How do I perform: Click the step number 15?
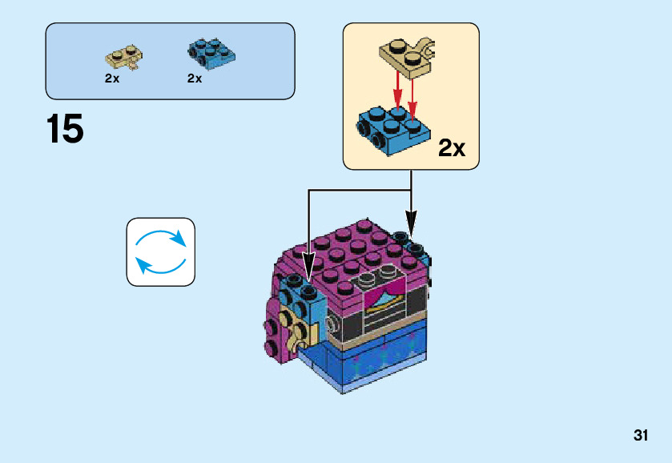click(x=65, y=129)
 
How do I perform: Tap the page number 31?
click(x=640, y=436)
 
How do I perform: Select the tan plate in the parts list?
click(x=124, y=58)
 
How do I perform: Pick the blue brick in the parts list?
click(x=211, y=52)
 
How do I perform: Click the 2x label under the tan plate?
click(x=111, y=79)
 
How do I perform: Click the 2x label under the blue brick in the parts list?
click(x=195, y=79)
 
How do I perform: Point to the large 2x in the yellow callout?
click(x=452, y=149)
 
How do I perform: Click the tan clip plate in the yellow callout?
click(x=408, y=56)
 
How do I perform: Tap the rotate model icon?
click(x=160, y=252)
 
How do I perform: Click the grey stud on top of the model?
click(x=368, y=280)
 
